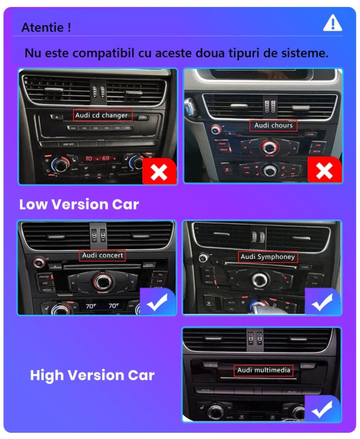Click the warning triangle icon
coord(332,23)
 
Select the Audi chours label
coord(273,125)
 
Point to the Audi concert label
coord(103,255)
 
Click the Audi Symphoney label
coord(268,257)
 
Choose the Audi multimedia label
coord(263,370)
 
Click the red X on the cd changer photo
coord(159,171)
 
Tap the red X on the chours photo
coord(324,171)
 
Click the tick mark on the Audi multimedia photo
coord(323,409)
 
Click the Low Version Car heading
coord(79,204)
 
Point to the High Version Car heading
coord(92,375)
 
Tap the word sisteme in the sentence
coord(304,53)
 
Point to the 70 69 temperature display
coord(97,159)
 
